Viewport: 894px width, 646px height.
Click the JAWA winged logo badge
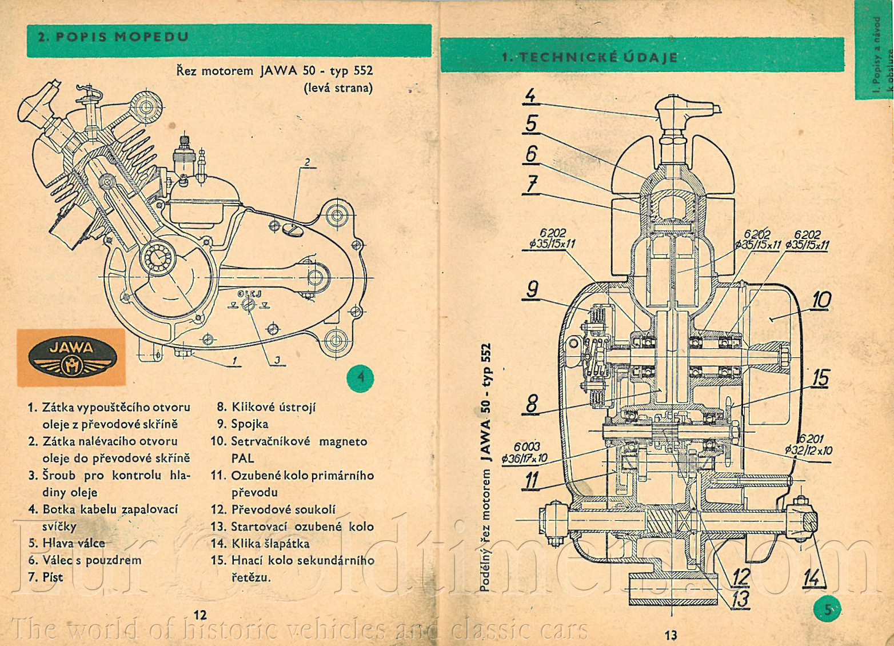click(x=73, y=356)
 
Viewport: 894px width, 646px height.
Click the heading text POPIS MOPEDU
click(x=113, y=37)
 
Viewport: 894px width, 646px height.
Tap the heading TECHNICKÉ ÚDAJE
click(x=590, y=57)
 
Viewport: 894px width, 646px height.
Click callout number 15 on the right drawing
click(x=820, y=378)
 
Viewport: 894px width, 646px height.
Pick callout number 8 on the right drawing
click(x=532, y=404)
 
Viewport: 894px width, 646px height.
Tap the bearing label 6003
click(x=526, y=446)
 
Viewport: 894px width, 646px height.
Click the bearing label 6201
click(x=811, y=438)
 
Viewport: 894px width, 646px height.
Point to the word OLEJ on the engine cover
click(x=249, y=294)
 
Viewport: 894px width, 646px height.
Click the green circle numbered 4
click(x=361, y=377)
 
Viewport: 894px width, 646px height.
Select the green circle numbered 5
click(x=828, y=609)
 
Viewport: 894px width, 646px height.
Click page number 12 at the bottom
click(x=200, y=615)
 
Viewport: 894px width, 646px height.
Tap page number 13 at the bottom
click(x=670, y=635)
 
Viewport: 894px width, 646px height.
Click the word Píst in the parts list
click(x=53, y=577)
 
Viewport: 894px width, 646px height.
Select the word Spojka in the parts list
click(x=249, y=424)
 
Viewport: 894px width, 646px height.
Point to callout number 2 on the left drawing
click(x=307, y=162)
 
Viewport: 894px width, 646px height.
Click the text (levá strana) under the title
click(x=338, y=88)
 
